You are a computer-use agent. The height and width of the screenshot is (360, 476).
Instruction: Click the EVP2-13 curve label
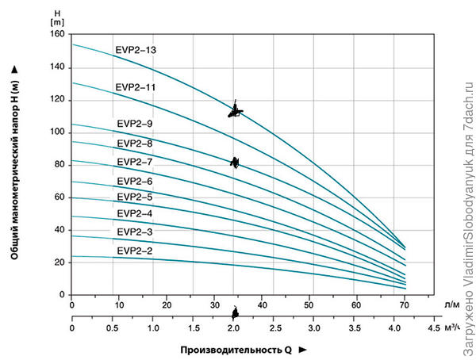pos(136,51)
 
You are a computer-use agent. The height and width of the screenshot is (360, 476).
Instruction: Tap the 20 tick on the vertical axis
pos(58,262)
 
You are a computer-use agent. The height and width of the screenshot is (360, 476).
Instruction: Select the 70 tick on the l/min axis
pos(405,304)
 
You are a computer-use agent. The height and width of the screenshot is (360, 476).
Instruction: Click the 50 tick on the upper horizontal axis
pos(309,304)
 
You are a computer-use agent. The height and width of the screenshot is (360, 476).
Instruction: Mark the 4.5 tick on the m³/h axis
pos(434,327)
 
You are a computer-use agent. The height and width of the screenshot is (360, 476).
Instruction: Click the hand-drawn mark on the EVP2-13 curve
pos(235,112)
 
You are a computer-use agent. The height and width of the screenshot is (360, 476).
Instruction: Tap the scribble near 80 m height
pos(235,163)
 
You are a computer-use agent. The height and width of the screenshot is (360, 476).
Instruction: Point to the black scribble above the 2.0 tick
pos(235,314)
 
